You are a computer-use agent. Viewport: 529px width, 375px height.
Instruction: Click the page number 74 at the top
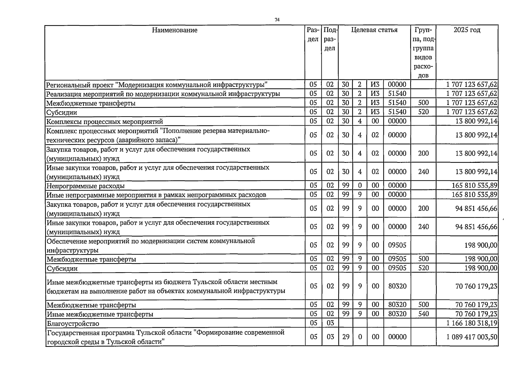[277, 20]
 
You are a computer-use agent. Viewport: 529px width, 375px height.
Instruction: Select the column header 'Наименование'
[175, 30]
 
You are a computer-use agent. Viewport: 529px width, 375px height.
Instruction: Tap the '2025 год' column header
[467, 30]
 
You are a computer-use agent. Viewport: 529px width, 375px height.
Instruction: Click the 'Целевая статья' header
[374, 30]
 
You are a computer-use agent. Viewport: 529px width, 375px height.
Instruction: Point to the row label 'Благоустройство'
[73, 323]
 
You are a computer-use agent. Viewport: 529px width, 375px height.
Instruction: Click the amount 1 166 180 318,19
[472, 323]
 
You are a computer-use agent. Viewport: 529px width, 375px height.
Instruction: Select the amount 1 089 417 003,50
[472, 337]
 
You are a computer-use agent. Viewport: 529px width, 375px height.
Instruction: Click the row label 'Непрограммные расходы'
[86, 186]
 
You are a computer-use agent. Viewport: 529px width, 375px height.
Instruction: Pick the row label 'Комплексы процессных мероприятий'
[105, 122]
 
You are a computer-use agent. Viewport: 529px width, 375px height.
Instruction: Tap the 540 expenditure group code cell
[423, 314]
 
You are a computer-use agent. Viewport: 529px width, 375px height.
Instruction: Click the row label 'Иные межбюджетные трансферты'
[100, 314]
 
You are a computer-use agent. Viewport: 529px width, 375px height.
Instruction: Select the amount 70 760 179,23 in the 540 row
[476, 314]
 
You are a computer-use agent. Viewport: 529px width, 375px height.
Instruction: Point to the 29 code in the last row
[345, 337]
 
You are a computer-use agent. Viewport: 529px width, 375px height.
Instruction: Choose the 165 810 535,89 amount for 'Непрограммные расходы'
[474, 186]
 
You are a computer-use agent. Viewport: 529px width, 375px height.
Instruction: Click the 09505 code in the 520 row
[397, 268]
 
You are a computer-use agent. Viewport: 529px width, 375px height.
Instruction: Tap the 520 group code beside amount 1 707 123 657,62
[423, 112]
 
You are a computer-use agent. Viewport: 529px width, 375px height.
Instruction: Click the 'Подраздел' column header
[330, 39]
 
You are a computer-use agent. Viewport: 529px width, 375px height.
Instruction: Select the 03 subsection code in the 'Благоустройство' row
[330, 323]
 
